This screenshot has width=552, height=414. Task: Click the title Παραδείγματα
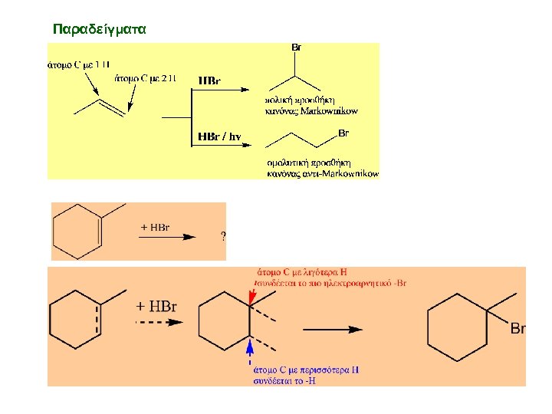click(99, 29)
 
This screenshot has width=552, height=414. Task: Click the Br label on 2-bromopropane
click(296, 48)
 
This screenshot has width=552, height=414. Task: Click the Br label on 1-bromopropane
click(343, 133)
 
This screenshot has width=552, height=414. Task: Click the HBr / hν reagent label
click(220, 137)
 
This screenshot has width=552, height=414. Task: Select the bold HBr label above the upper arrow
click(209, 80)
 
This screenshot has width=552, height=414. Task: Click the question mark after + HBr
click(223, 236)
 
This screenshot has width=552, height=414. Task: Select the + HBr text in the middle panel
click(155, 227)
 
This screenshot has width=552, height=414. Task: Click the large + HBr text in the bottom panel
click(156, 306)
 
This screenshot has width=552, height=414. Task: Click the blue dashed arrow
click(250, 353)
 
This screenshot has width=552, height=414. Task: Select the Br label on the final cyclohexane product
click(518, 329)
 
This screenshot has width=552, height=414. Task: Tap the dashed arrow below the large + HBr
click(159, 323)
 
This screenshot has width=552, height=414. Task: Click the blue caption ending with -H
click(306, 374)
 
